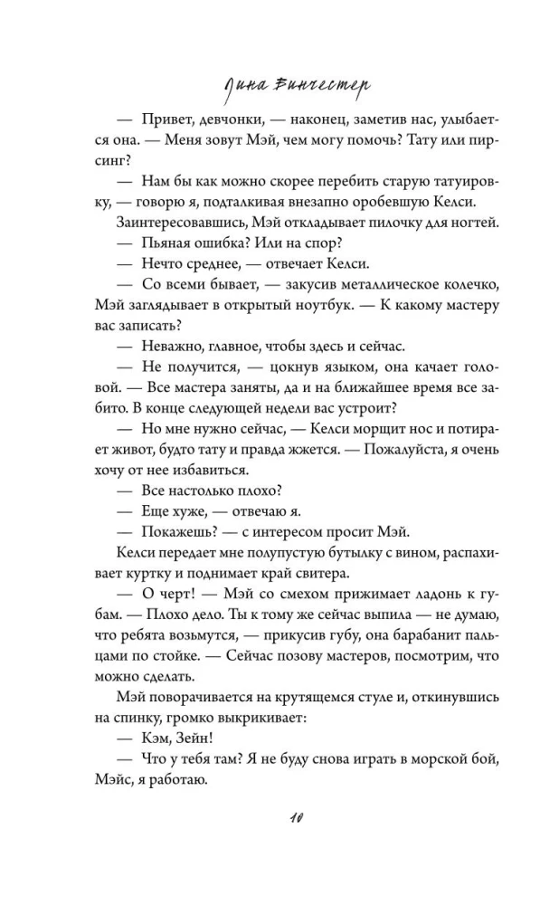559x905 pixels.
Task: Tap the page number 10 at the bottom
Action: [279, 820]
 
